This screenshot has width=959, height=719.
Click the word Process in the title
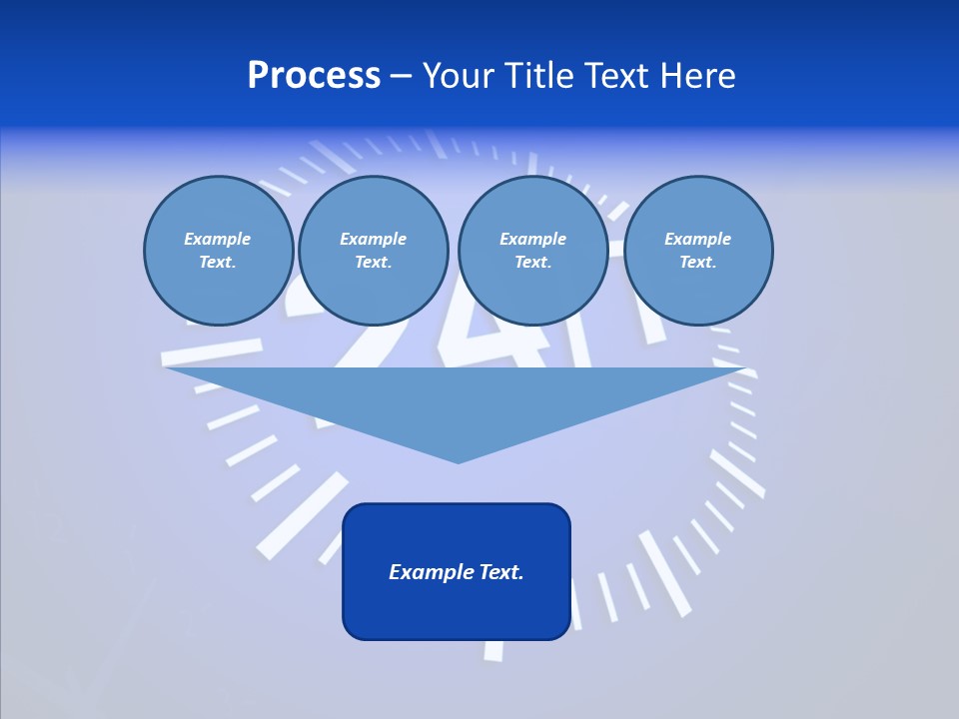click(x=314, y=76)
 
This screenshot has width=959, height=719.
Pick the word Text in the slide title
click(x=618, y=76)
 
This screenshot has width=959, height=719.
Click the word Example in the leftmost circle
click(x=217, y=239)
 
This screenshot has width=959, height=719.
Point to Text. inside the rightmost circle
click(x=697, y=262)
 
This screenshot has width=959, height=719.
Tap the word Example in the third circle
click(x=532, y=239)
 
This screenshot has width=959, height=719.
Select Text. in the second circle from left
click(x=373, y=262)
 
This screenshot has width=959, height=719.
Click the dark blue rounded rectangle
click(x=457, y=609)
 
